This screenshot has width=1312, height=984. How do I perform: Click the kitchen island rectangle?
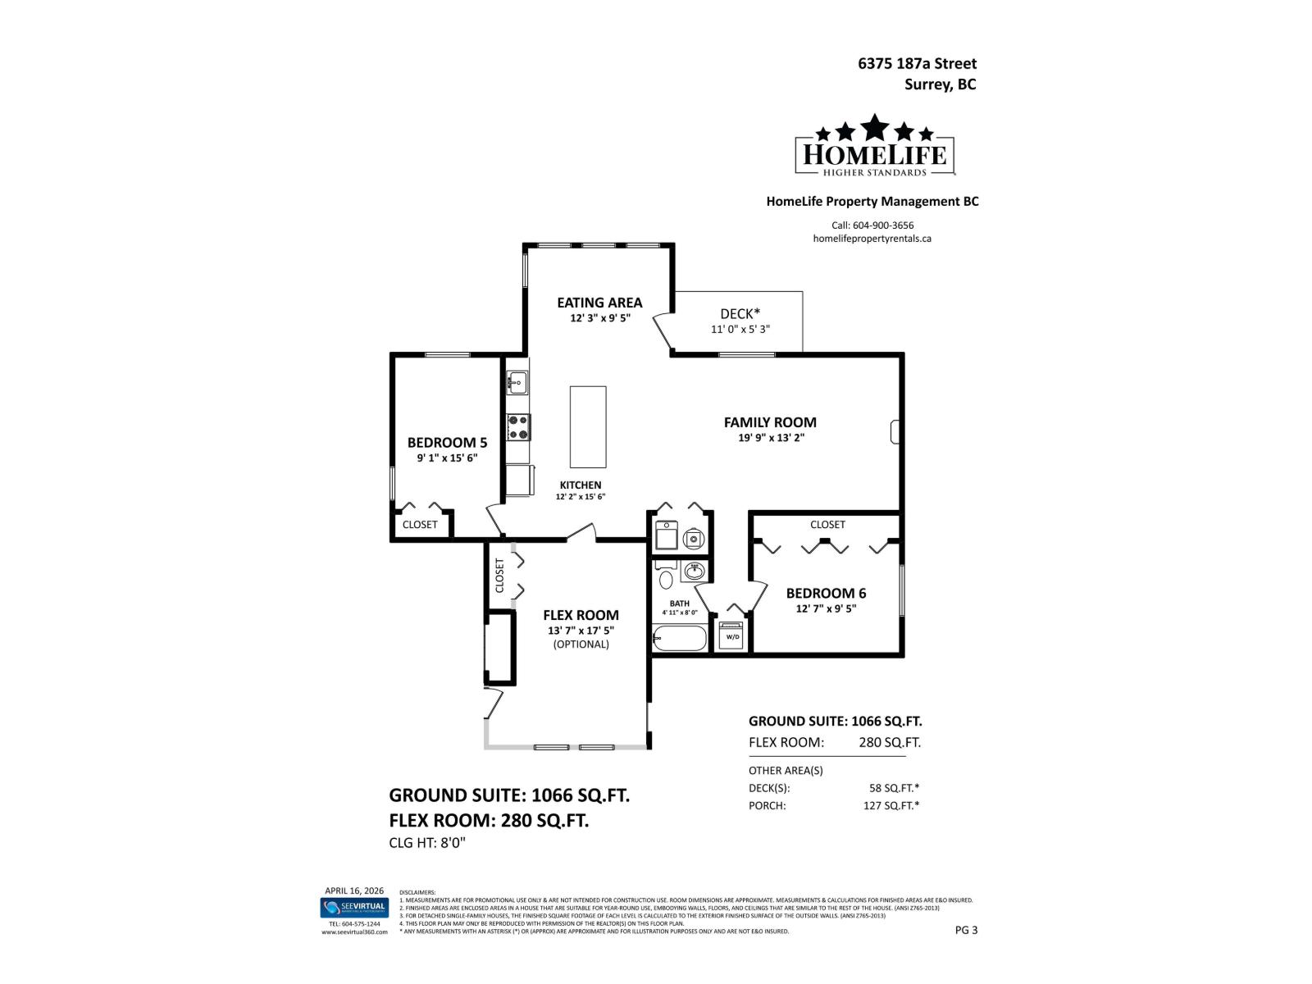588,426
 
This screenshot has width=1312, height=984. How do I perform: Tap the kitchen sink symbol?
517,381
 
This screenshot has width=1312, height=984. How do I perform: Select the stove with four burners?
518,426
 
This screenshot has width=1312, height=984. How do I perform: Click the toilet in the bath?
666,580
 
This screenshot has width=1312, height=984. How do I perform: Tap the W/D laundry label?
732,637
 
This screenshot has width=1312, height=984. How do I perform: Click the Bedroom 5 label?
447,443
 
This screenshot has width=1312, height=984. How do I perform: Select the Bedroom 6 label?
826,593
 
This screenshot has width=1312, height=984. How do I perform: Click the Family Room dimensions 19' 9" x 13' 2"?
771,438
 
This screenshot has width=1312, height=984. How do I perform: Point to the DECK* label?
740,314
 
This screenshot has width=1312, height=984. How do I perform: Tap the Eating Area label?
599,303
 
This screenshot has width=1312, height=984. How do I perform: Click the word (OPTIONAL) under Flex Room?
581,645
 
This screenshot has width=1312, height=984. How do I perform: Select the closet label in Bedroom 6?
827,525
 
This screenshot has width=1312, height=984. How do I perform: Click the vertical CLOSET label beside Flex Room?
499,575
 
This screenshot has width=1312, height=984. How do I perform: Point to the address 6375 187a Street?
917,63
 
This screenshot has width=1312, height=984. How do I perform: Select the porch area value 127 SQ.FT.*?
891,805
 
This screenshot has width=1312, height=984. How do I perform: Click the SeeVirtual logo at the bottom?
354,907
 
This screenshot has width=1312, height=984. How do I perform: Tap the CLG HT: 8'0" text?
426,843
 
